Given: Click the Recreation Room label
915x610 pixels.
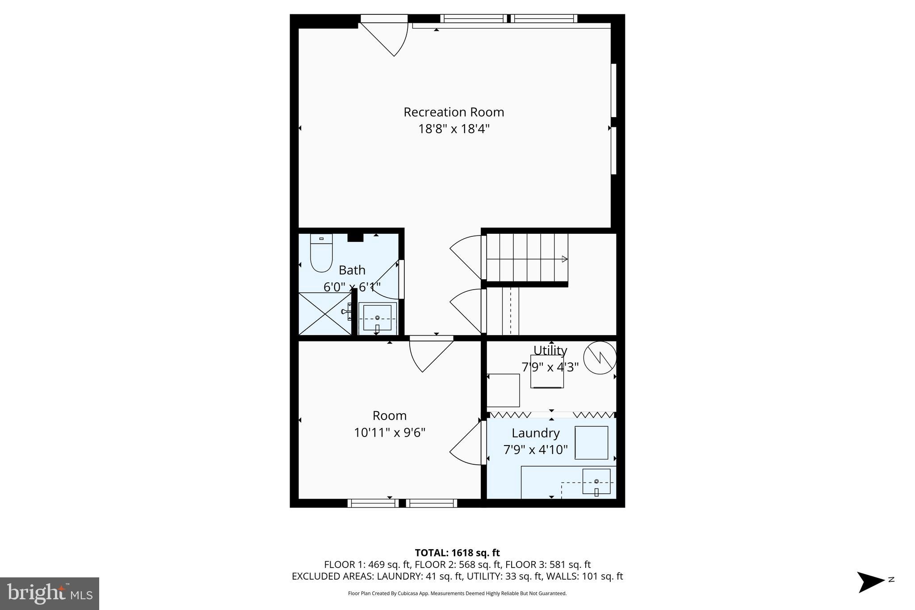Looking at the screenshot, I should [453, 112].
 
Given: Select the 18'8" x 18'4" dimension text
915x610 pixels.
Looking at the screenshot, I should [453, 129].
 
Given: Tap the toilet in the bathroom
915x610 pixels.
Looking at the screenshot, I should [321, 253].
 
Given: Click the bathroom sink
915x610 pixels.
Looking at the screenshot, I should [377, 318].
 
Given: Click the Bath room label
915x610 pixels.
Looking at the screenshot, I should [352, 270].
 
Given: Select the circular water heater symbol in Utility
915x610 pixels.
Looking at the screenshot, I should [600, 358].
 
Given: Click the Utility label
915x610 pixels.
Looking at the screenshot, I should [550, 350].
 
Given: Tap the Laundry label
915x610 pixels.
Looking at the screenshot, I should [535, 433].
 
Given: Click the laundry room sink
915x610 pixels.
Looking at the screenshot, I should [596, 481].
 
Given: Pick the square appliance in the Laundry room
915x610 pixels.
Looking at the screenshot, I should [591, 443].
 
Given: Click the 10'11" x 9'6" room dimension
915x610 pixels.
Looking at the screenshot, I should [389, 433].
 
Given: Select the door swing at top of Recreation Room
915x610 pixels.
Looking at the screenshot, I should [389, 38].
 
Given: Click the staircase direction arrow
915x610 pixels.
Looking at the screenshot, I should [564, 259].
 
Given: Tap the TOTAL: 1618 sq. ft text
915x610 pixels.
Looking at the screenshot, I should [457, 553].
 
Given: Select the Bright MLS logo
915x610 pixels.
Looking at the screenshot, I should [50, 593].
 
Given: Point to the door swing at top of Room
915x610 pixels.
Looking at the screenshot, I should [429, 355].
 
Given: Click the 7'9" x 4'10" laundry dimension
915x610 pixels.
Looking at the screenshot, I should [535, 450].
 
